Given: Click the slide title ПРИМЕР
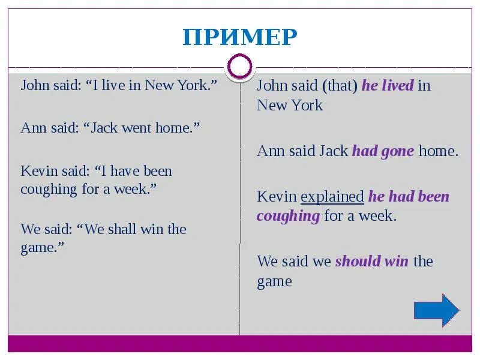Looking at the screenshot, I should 240,37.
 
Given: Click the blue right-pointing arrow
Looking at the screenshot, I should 436,310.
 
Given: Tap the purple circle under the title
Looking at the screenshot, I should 240,67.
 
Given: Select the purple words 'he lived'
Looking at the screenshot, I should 388,86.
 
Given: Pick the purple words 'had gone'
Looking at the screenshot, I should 383,151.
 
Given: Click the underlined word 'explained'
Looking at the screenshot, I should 332,197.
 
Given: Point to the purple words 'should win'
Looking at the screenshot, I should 371,262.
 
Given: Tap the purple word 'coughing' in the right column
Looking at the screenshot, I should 288,216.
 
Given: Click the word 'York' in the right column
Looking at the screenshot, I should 307,106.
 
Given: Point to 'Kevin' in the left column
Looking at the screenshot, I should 38,171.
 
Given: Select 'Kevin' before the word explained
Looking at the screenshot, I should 277,197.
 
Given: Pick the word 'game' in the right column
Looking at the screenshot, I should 274,282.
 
